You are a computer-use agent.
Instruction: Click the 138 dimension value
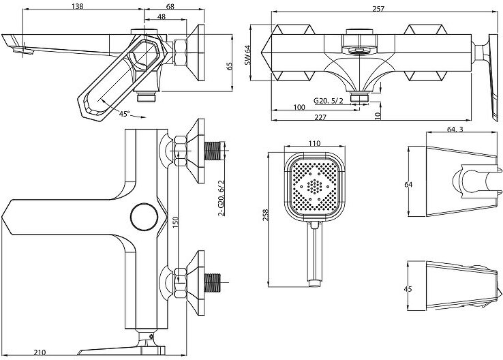click(79, 6)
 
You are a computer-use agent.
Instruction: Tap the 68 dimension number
click(170, 6)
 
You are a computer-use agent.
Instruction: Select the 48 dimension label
click(161, 17)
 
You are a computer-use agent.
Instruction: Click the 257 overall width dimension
click(379, 9)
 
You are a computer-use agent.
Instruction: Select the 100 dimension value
click(299, 108)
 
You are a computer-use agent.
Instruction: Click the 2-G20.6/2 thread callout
click(220, 198)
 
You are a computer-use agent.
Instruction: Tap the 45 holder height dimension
click(408, 289)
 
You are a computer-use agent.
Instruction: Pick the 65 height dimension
click(230, 65)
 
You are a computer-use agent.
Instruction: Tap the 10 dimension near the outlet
click(378, 115)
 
